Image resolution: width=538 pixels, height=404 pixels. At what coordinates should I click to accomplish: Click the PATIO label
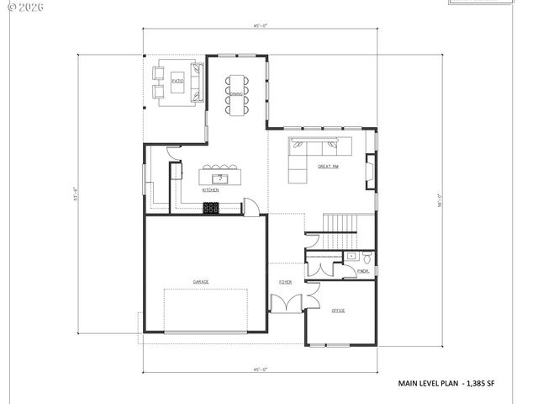[177, 82]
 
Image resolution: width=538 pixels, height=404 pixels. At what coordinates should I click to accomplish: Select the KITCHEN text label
[210, 191]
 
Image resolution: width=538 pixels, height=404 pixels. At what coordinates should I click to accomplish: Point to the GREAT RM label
[328, 167]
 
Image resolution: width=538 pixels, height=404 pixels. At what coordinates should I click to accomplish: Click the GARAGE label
[201, 281]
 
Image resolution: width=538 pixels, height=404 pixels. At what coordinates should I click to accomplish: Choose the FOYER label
[286, 282]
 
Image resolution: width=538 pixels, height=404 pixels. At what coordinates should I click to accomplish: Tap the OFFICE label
[338, 311]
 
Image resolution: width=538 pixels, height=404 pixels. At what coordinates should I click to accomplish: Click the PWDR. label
[363, 272]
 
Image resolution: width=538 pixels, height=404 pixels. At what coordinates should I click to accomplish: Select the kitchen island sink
[220, 178]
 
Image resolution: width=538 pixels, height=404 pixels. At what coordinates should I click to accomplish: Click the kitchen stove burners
[211, 209]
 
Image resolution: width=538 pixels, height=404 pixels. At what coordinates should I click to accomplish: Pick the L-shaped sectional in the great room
[315, 153]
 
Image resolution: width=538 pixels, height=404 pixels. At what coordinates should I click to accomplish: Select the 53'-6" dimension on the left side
[76, 194]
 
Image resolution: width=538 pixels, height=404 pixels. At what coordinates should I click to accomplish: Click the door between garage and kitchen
[249, 206]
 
